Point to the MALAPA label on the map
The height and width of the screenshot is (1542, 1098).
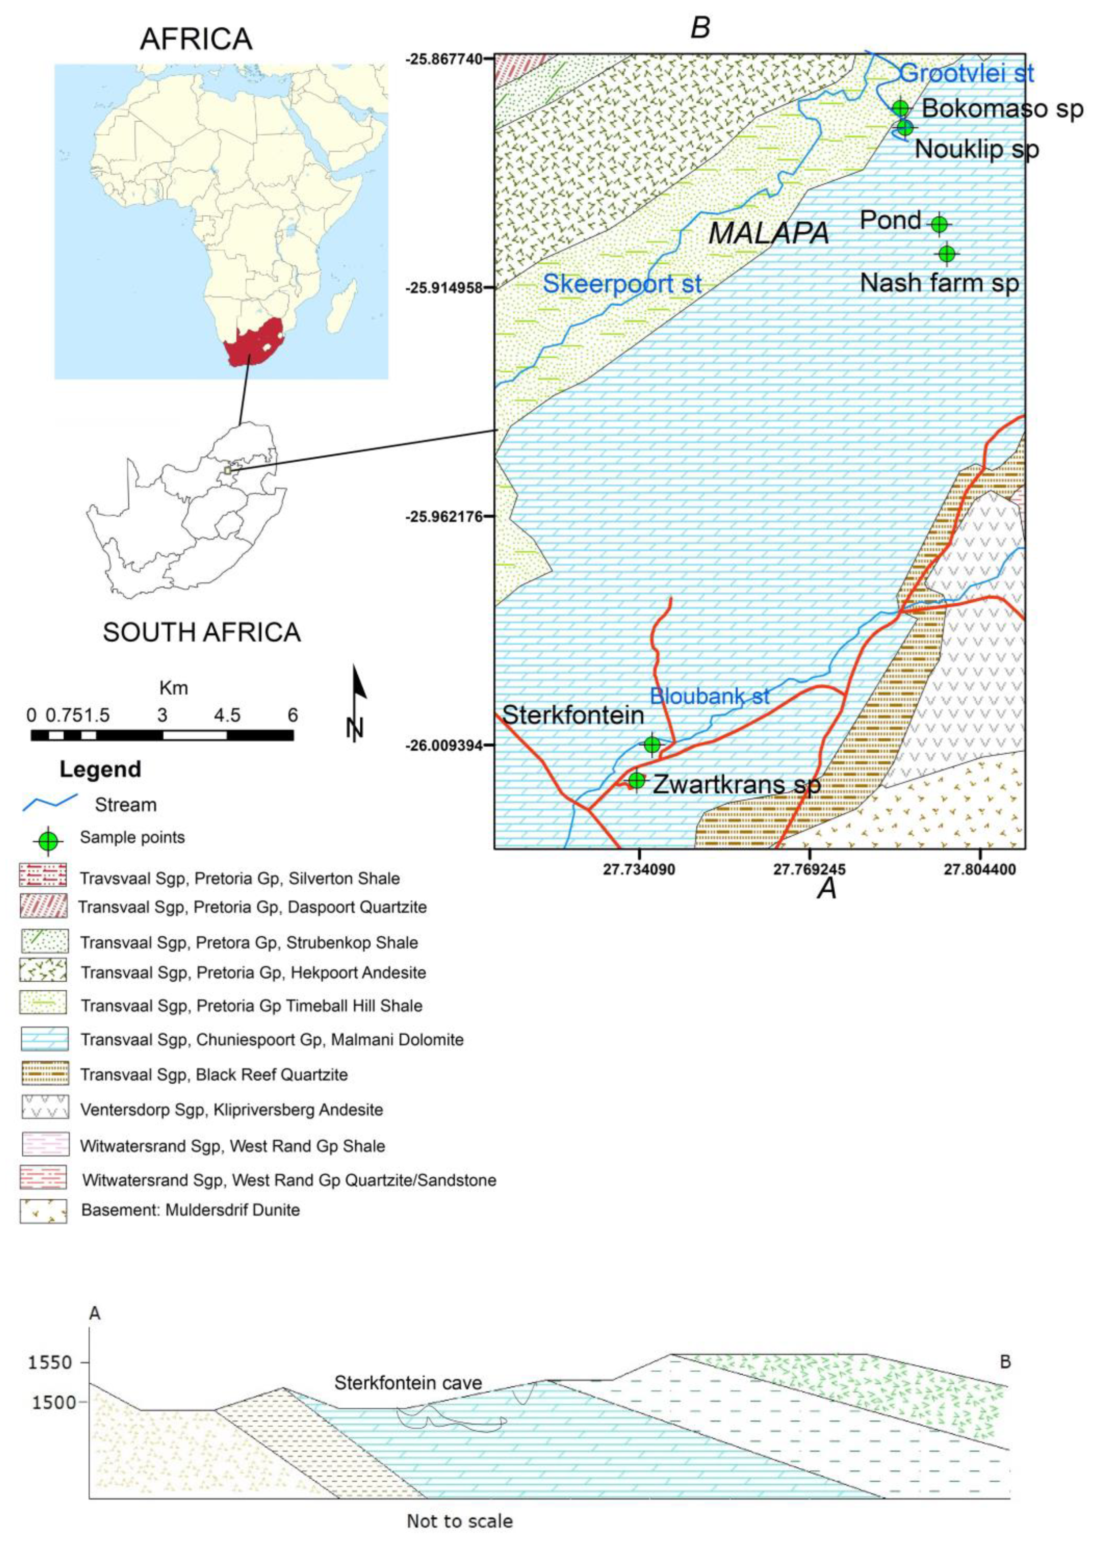(x=769, y=233)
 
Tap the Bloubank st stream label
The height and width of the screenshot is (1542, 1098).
(x=709, y=696)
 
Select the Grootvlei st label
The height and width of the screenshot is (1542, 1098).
(x=967, y=72)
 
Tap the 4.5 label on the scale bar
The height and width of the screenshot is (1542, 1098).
(x=227, y=715)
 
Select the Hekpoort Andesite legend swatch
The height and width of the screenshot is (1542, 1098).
(x=43, y=971)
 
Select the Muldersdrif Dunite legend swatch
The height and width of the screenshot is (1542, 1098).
(x=43, y=1210)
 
